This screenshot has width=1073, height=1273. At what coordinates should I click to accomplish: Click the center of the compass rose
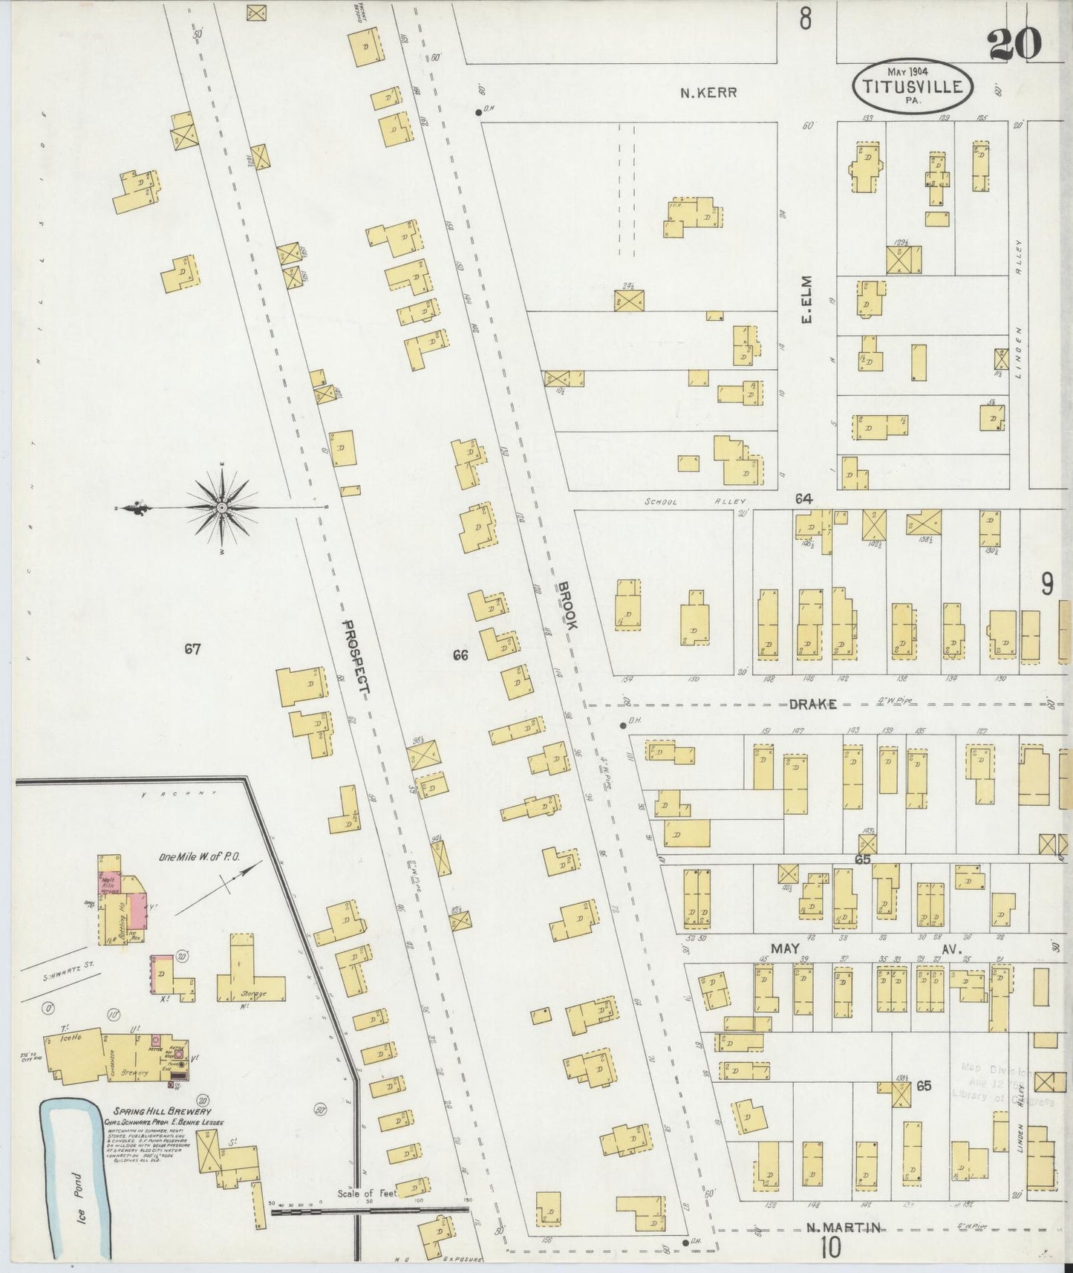222,508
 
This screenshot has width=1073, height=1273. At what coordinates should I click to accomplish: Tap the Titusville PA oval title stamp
912,85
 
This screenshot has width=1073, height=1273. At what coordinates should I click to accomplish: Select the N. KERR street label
709,93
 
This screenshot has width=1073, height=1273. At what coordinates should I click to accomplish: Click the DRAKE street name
812,704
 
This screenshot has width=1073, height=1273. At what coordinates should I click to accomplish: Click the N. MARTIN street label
844,1228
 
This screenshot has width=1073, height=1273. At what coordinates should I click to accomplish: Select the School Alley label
696,502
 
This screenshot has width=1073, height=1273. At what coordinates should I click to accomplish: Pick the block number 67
192,650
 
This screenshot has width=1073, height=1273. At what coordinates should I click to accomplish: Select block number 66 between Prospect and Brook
460,655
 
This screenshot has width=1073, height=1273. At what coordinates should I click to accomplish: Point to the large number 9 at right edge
1046,586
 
